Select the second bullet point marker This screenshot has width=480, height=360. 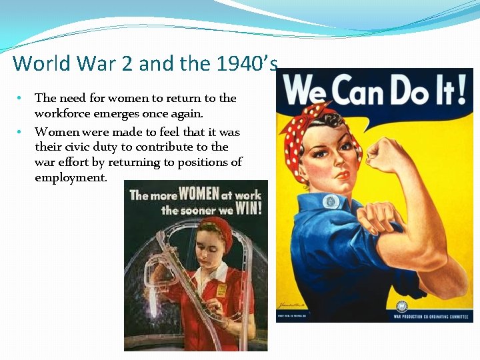click(21, 132)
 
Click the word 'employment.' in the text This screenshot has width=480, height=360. click(70, 177)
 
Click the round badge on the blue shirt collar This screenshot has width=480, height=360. click(331, 201)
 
